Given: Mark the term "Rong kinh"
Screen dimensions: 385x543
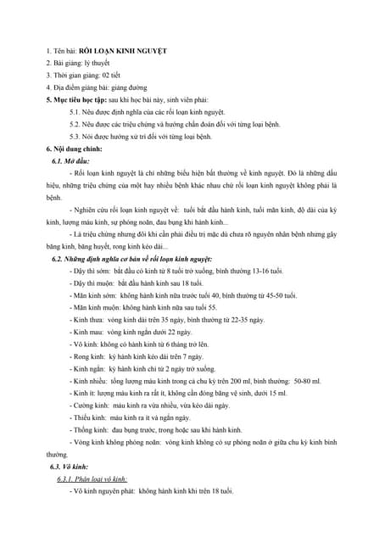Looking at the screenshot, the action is click(88, 356).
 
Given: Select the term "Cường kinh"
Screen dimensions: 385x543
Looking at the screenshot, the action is click(92, 405).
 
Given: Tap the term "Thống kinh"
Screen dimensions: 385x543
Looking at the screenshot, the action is click(91, 429).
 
